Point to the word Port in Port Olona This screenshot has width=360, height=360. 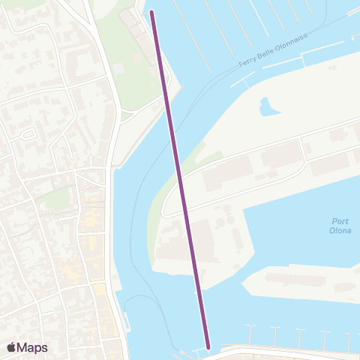tap(340, 220)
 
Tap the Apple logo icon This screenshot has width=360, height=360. tap(11, 347)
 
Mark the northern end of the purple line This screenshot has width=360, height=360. tap(152, 13)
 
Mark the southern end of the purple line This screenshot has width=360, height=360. tap(207, 346)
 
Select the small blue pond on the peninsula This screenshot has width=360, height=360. tap(267, 107)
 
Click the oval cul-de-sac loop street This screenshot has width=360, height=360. tap(29, 134)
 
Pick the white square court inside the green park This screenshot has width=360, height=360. tap(117, 67)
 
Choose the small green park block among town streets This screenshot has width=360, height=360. tap(52, 199)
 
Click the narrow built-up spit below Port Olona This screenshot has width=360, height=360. tap(300, 281)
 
